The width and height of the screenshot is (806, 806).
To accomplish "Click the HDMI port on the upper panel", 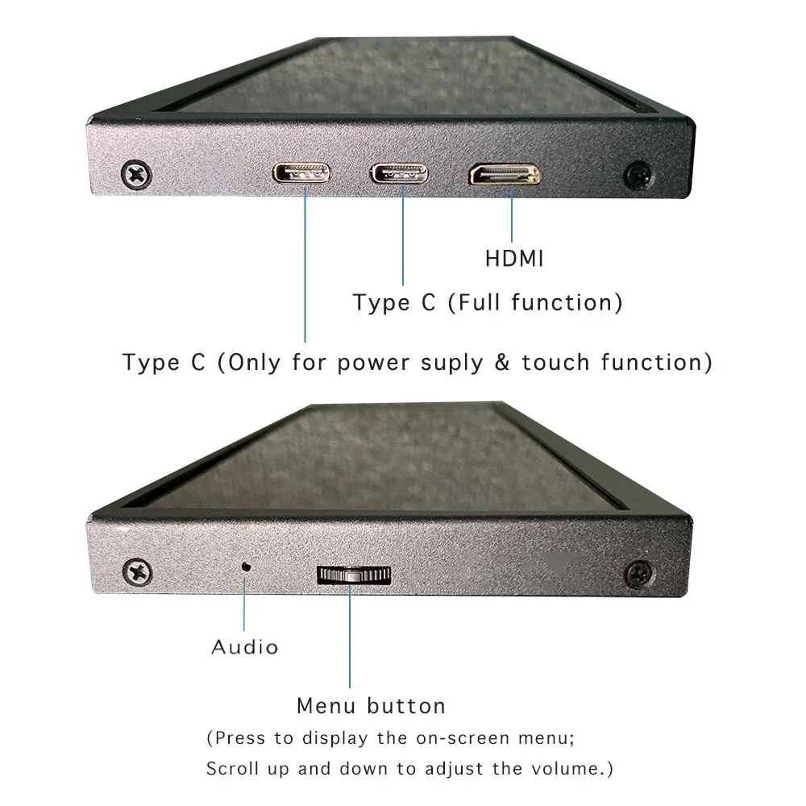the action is (505, 175).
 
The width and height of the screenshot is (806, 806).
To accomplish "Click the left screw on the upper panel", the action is (135, 174).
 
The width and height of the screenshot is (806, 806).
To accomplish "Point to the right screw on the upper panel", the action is (639, 174).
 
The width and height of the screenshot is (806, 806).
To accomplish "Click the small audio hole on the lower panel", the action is (247, 566).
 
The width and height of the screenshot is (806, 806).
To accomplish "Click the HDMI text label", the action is (514, 259).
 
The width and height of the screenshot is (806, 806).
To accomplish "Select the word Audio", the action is (245, 646).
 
